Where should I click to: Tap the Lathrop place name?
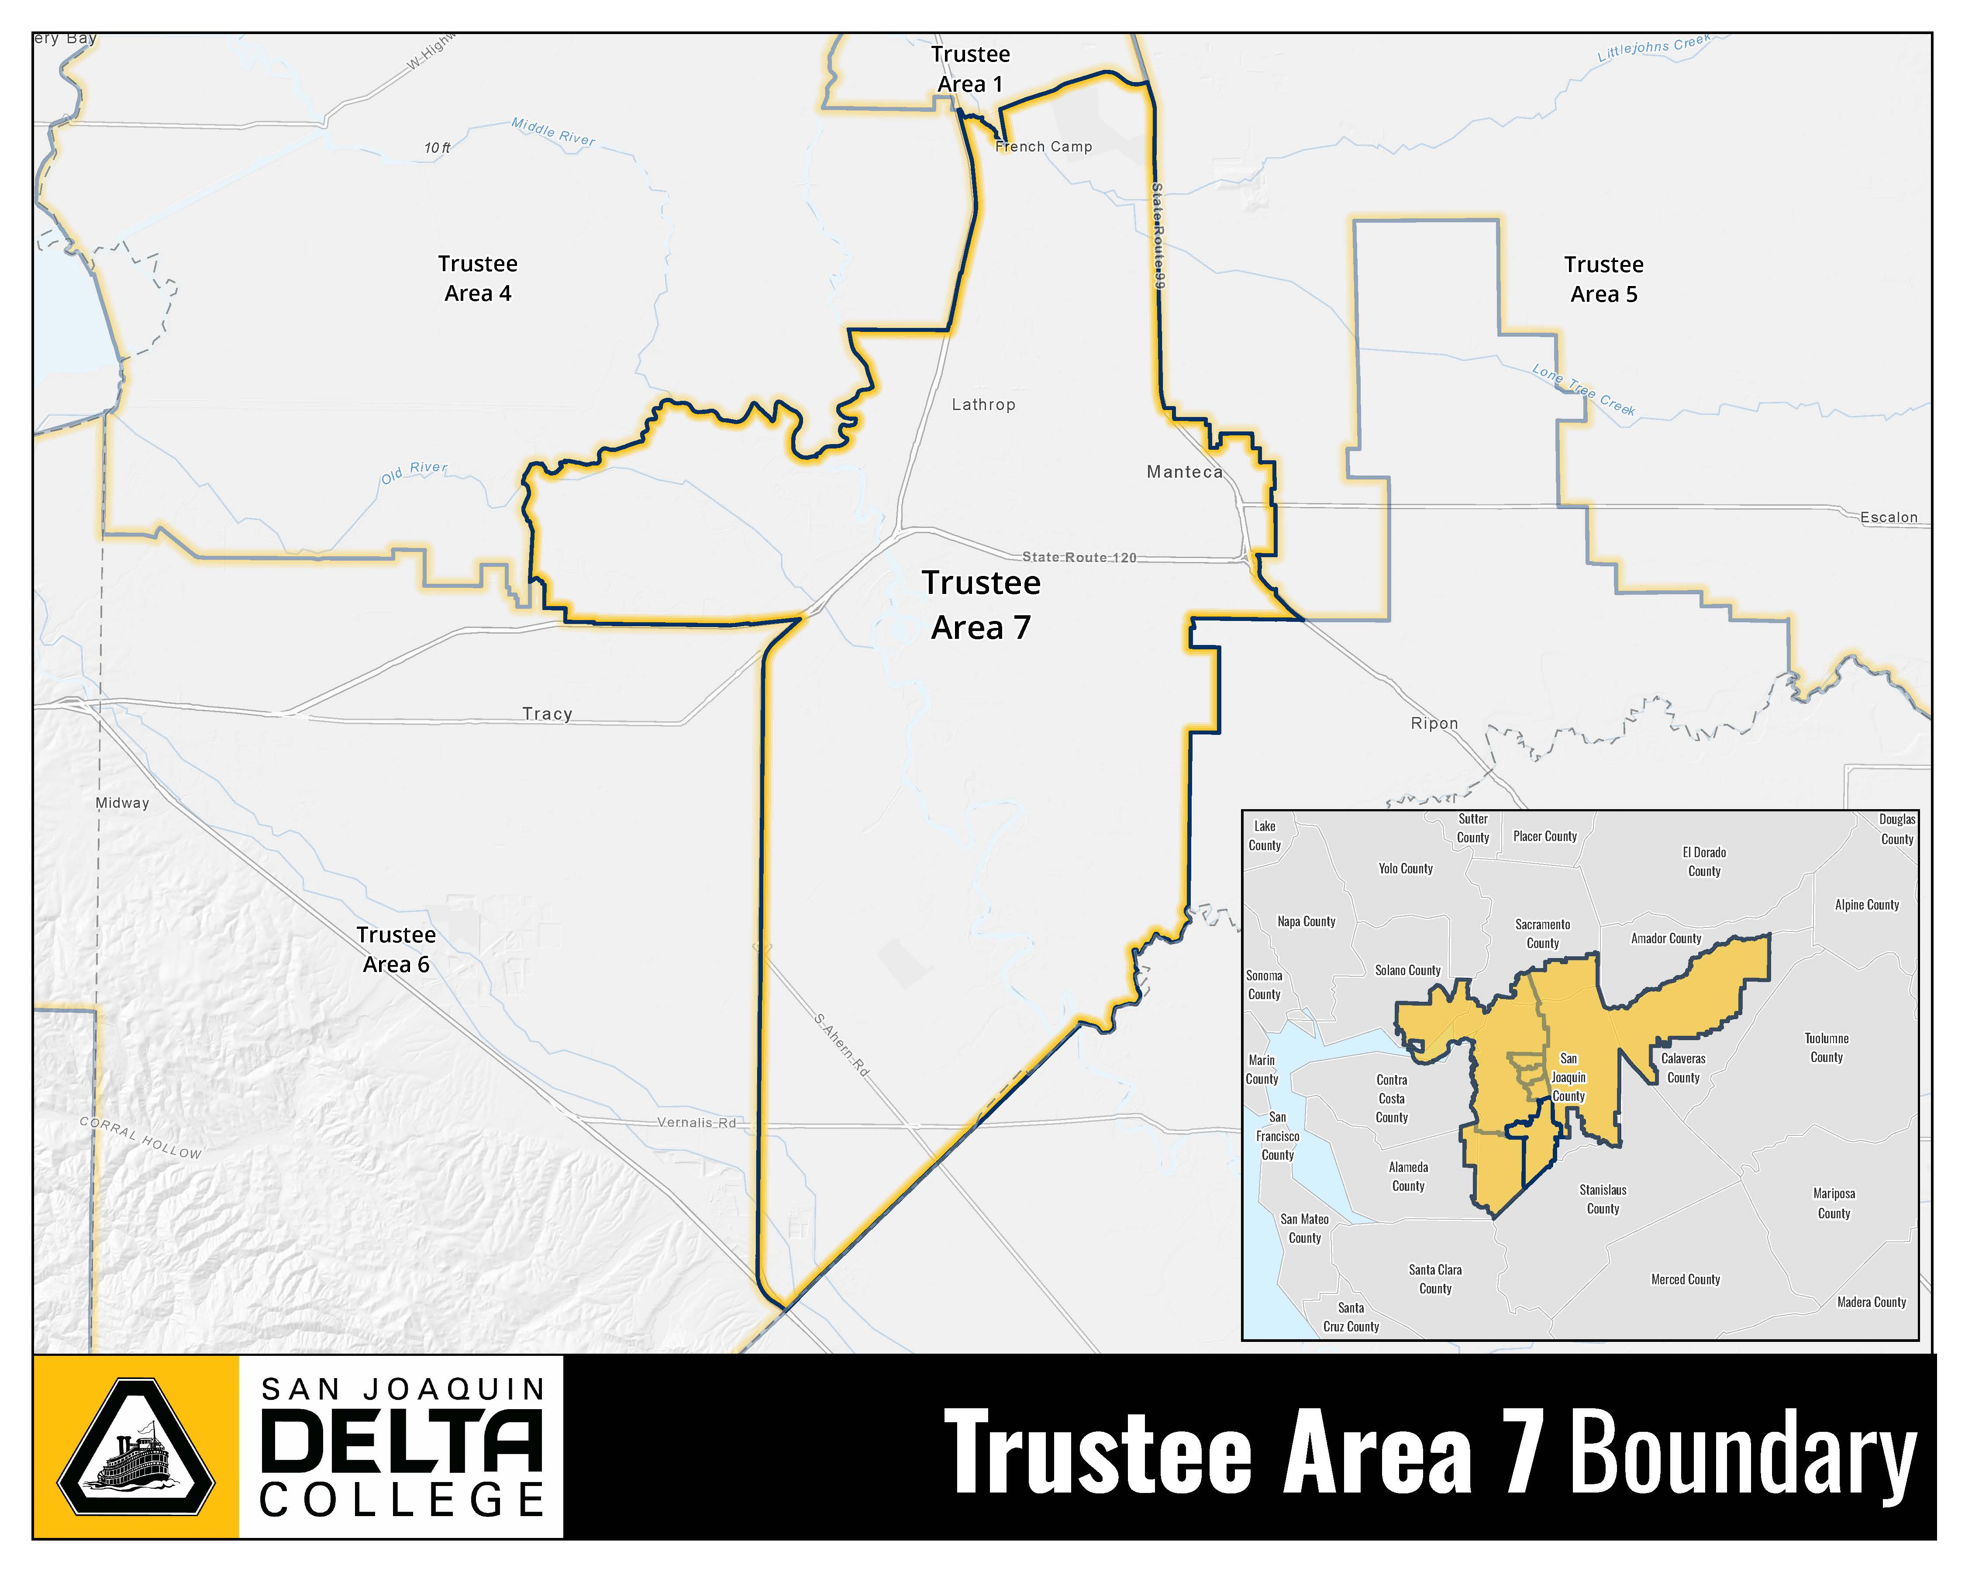[x=982, y=405]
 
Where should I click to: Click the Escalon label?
[x=1889, y=517]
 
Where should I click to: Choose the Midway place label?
[x=122, y=803]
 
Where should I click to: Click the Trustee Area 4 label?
[x=478, y=278]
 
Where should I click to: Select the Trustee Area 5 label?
[x=1603, y=279]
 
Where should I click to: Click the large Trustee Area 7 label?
[x=981, y=605]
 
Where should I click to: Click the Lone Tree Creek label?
[x=1583, y=390]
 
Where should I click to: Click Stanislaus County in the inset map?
[x=1602, y=1199]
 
